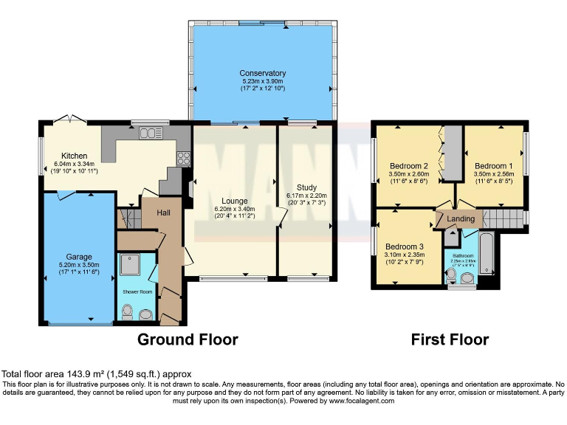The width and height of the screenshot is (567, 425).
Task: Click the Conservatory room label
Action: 262,73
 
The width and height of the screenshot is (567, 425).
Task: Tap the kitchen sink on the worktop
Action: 151,133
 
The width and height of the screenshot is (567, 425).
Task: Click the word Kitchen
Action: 75,156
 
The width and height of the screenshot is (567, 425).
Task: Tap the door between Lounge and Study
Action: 280,215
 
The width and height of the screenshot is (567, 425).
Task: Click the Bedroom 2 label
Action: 410,166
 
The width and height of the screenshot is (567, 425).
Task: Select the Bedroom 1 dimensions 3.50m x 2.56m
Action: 495,175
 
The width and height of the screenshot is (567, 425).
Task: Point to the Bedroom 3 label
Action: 405,246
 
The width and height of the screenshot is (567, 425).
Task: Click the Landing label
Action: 461,219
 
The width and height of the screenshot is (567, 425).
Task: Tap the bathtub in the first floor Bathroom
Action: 488,258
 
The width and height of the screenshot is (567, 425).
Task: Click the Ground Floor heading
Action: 188,339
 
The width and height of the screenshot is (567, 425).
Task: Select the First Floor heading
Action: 450,339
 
